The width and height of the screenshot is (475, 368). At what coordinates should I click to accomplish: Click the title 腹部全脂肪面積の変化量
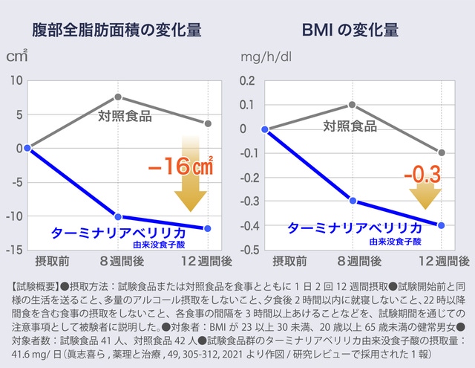[117, 30]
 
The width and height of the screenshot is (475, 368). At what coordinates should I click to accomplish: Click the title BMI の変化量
[350, 30]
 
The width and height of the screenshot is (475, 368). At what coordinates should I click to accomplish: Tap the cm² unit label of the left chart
[17, 56]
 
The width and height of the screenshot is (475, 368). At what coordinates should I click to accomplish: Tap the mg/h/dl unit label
[265, 57]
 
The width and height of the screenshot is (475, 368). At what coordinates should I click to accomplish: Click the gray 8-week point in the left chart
[118, 97]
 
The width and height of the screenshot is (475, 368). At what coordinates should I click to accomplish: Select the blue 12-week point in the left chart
[208, 228]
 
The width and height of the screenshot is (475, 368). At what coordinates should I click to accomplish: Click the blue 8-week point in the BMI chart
[353, 201]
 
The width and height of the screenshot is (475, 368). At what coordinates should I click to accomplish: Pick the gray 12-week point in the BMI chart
[442, 152]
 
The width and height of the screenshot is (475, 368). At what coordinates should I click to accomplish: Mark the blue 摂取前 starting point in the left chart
[27, 148]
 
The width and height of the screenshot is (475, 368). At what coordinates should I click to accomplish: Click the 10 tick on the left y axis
[16, 80]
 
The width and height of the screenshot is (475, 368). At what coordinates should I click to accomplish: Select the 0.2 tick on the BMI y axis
[248, 80]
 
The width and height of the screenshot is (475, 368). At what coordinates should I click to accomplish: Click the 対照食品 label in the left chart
[125, 116]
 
